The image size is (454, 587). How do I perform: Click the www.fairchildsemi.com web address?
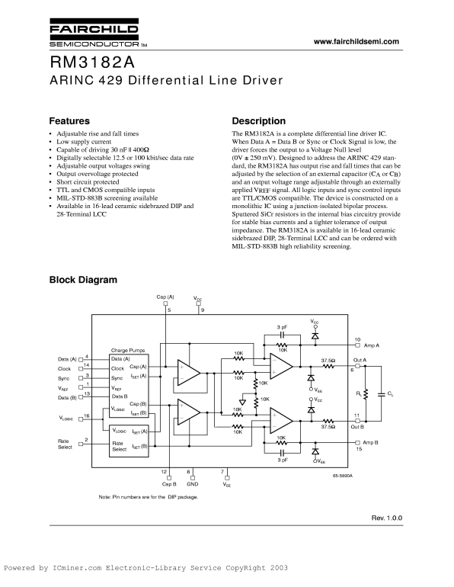[x=356, y=42]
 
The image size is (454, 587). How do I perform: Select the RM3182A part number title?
[x=92, y=63]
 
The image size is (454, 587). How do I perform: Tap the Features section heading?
[x=69, y=121]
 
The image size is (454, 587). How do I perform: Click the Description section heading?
[x=259, y=121]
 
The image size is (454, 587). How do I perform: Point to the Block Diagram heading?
[x=83, y=280]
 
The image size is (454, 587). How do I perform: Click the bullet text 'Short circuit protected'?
[x=88, y=182]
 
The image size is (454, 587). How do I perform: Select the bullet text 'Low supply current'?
[x=84, y=142]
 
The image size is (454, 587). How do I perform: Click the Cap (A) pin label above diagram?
[x=165, y=297]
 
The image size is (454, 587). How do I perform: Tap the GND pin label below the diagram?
[x=192, y=484]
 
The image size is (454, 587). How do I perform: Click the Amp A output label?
[x=372, y=345]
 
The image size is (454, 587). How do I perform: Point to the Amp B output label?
[x=370, y=442]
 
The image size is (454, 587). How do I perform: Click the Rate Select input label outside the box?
[x=65, y=444]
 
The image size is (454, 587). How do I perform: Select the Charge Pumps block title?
[x=128, y=351]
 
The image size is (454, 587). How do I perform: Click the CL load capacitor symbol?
[x=382, y=394]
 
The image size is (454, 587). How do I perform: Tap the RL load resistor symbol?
[x=366, y=394]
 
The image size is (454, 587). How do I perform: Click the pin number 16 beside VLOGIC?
[x=86, y=416]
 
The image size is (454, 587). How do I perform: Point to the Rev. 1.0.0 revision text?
[x=387, y=518]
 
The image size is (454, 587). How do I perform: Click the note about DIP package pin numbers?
[x=149, y=497]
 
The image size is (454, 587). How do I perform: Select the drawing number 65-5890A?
[x=343, y=476]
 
